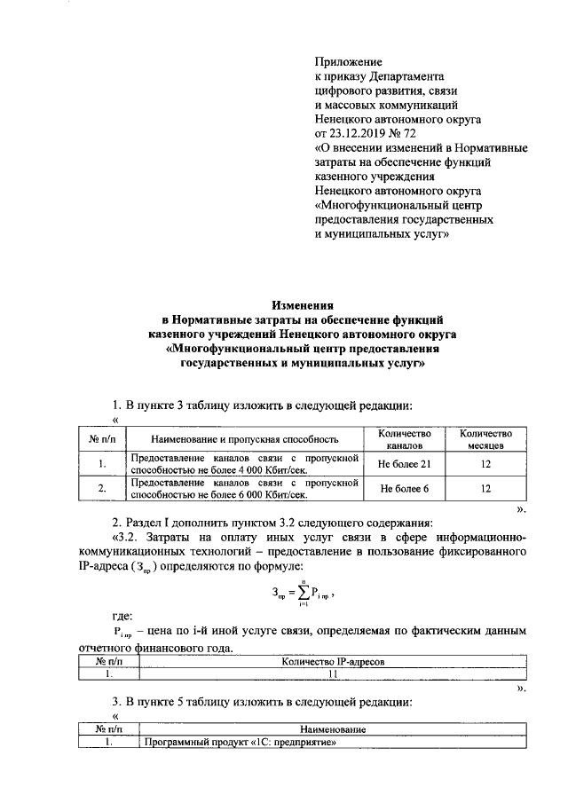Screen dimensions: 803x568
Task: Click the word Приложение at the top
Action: [x=348, y=62]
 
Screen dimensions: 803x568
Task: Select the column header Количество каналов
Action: [x=405, y=438]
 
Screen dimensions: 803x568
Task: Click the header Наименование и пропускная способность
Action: [x=245, y=439]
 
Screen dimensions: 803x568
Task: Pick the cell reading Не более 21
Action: [x=405, y=464]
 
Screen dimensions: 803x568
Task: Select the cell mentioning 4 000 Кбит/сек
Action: [x=245, y=464]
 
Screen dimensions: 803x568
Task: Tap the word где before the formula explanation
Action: [x=122, y=615]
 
